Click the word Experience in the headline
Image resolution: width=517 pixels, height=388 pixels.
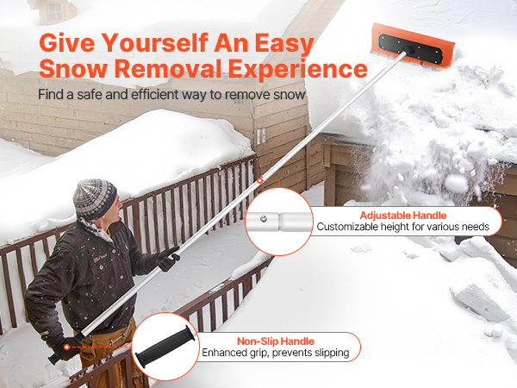tap(298, 69)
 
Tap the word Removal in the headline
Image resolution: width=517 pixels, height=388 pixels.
tap(168, 68)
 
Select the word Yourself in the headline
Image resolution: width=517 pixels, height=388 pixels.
tap(154, 43)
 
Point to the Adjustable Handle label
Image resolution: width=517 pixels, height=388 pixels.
tap(403, 216)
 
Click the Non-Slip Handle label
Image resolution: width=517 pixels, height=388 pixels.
tap(276, 341)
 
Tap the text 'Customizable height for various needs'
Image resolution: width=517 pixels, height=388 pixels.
tap(403, 227)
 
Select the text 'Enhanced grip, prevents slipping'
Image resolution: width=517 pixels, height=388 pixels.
tap(276, 353)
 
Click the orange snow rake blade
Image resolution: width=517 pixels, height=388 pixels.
tap(413, 45)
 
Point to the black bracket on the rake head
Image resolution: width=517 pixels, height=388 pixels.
tap(410, 49)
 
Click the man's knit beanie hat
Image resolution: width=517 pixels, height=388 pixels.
tap(95, 199)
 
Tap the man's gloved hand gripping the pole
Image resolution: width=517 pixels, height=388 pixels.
tap(168, 259)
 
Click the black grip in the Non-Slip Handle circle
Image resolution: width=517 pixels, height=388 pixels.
tap(163, 346)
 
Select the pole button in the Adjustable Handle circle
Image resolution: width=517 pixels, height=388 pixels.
tap(264, 218)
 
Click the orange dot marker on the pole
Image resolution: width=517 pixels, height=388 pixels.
tap(260, 180)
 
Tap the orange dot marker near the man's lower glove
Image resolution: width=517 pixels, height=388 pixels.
tap(67, 347)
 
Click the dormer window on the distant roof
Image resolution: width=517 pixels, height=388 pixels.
tap(55, 11)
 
